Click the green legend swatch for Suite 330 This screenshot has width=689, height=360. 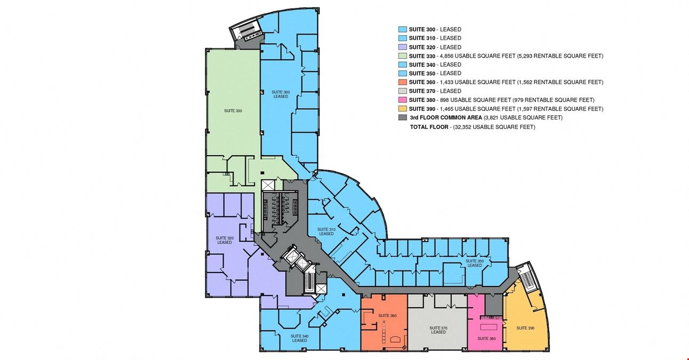pyautogui.click(x=403, y=56)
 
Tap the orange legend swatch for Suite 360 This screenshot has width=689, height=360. pyautogui.click(x=403, y=82)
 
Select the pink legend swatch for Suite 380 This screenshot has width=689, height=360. pyautogui.click(x=403, y=100)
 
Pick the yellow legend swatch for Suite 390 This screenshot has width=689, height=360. pyautogui.click(x=403, y=109)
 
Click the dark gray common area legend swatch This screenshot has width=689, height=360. pyautogui.click(x=403, y=117)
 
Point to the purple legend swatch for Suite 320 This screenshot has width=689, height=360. pyautogui.click(x=403, y=47)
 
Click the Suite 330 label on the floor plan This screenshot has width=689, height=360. pyautogui.click(x=233, y=111)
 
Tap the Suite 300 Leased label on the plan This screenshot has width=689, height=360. pyautogui.click(x=281, y=94)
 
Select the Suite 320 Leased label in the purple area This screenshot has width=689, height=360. pyautogui.click(x=225, y=240)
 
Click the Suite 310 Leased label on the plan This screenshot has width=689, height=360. pyautogui.click(x=326, y=231)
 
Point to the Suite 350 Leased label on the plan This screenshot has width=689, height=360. pyautogui.click(x=475, y=263)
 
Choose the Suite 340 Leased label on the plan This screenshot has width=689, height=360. pyautogui.click(x=300, y=338)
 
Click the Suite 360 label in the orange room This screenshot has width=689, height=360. pyautogui.click(x=387, y=316)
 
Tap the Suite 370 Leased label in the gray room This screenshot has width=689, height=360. pyautogui.click(x=438, y=330)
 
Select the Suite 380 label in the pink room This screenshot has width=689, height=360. pyautogui.click(x=486, y=339)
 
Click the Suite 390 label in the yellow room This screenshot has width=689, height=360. pyautogui.click(x=525, y=328)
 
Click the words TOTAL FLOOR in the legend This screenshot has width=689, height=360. pyautogui.click(x=429, y=127)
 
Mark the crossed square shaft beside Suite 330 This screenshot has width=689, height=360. pyautogui.click(x=268, y=185)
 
